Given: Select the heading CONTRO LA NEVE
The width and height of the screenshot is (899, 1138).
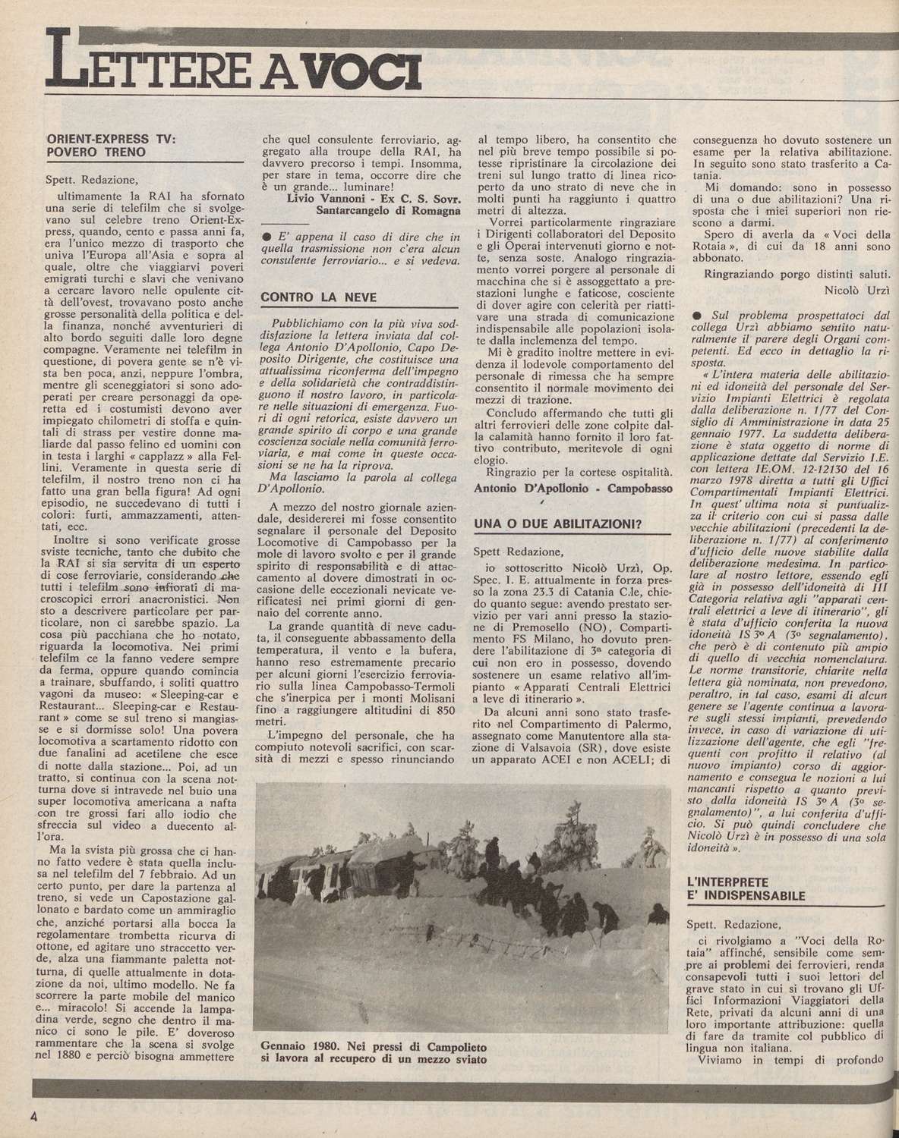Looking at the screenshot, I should (310, 297).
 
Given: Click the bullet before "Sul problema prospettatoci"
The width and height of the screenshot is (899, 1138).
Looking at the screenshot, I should (694, 315).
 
